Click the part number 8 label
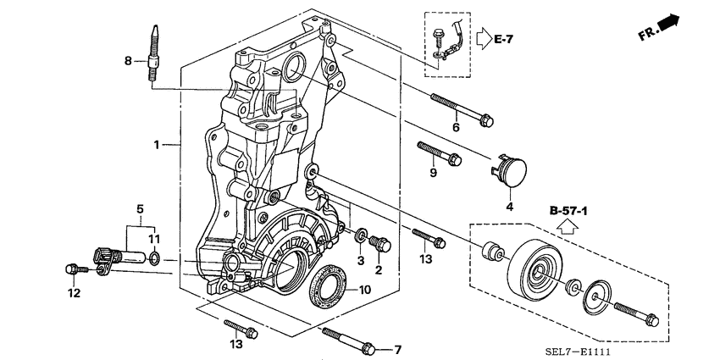128,60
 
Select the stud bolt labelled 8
155,54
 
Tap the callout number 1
157,145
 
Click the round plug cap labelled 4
509,172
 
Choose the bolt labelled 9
440,153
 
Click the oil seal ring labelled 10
329,286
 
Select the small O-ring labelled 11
155,258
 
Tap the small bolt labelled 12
77,269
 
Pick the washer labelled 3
362,236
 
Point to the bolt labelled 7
349,341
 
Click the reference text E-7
504,39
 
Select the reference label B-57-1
568,211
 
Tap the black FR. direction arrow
668,23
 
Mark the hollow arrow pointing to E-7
485,39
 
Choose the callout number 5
140,209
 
